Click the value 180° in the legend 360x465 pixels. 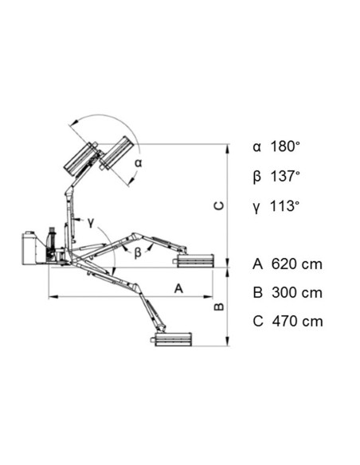(285, 147)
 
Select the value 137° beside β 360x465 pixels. (285, 176)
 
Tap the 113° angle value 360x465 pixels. (284, 205)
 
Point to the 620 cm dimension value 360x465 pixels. (297, 264)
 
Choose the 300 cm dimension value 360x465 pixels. (297, 293)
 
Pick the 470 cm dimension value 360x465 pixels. (297, 321)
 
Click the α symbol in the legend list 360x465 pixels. (256, 147)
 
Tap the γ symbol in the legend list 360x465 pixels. (256, 208)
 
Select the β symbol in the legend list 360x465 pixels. (257, 177)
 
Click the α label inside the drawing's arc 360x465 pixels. (139, 162)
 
